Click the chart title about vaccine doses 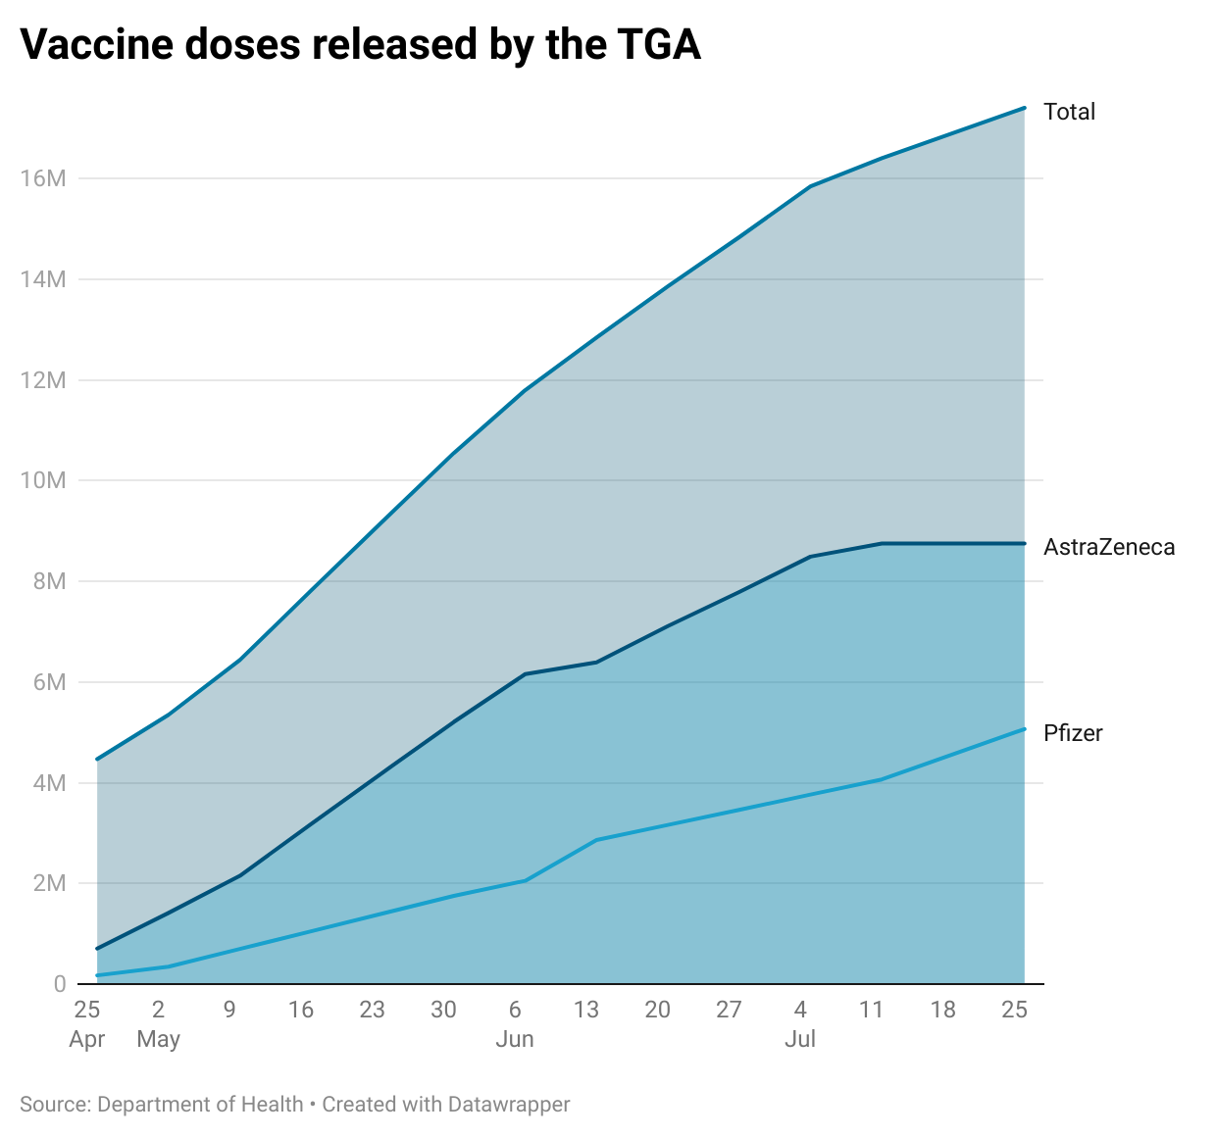(x=360, y=45)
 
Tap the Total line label (x=1069, y=112)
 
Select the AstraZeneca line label (x=1108, y=547)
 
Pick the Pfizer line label (x=1073, y=733)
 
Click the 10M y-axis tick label (x=42, y=480)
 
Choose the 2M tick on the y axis (x=48, y=883)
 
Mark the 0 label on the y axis (x=59, y=984)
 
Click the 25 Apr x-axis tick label (x=87, y=1023)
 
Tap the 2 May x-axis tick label (x=158, y=1023)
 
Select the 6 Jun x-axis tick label (x=515, y=1023)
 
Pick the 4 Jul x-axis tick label (x=800, y=1023)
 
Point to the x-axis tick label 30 (x=443, y=1010)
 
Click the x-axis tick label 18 (x=942, y=1010)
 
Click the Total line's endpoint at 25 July (x=1025, y=108)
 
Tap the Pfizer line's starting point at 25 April (x=97, y=975)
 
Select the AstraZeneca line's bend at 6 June (x=526, y=674)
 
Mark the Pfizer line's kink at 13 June (x=596, y=840)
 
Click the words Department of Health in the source (x=200, y=1105)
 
